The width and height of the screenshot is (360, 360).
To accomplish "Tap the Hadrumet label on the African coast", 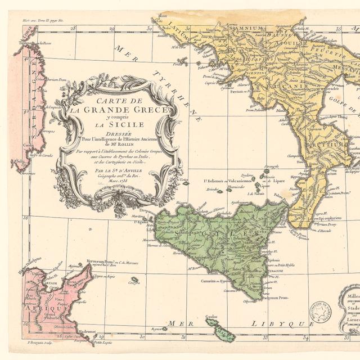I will (87, 332).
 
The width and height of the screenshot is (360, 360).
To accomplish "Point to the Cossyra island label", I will (134, 283).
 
